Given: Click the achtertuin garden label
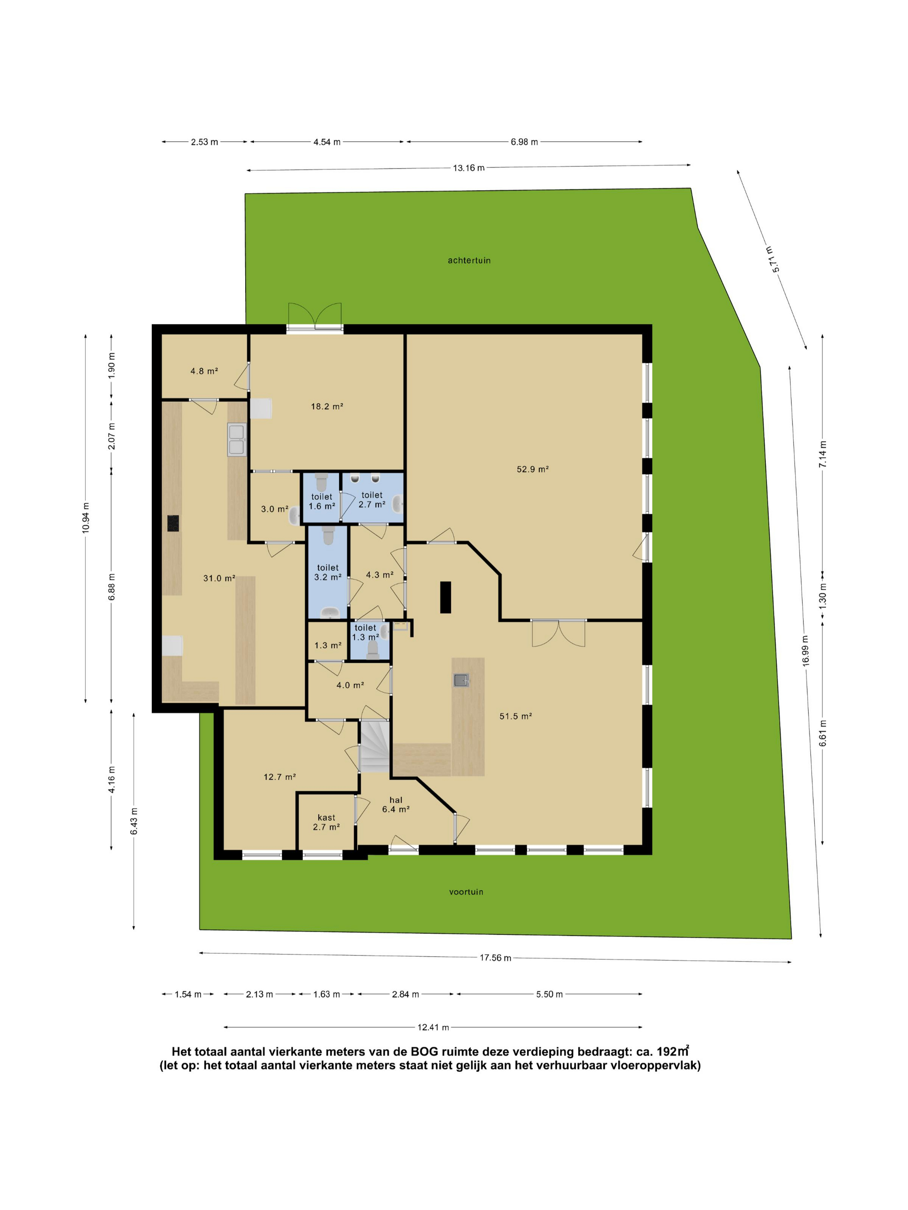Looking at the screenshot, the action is point(469,261).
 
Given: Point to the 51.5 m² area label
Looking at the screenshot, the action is point(515,716).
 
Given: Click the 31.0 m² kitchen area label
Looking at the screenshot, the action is point(219,578).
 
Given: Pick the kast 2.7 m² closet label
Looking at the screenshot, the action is point(326,822).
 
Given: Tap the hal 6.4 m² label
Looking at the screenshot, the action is point(396,805).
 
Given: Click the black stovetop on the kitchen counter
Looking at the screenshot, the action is point(173,523).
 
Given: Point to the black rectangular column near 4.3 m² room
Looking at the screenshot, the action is point(446,597).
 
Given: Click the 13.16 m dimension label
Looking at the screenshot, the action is point(469,168).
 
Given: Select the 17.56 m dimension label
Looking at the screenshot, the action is point(496,958).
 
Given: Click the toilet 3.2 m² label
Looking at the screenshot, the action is point(328,572).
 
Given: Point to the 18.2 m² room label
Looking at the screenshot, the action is point(327,407).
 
